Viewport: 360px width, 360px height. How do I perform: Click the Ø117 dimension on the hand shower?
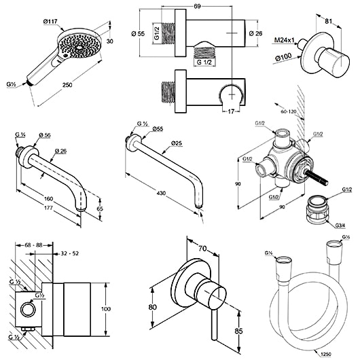tap(50, 22)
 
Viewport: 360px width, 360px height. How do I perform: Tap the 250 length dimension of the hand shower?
tap(67, 85)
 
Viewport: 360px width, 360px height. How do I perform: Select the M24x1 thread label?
tap(284, 40)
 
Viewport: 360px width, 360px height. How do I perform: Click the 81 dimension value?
tap(329, 21)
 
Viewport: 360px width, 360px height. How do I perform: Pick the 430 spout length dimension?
tap(161, 193)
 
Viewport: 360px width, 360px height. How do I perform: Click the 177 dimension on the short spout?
tap(48, 208)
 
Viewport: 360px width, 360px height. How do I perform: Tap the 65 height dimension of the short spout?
tap(100, 209)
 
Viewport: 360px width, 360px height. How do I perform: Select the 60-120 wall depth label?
tap(289, 112)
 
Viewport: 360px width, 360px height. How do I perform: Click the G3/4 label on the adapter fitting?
tap(340, 226)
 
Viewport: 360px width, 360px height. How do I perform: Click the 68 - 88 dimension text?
tap(33, 245)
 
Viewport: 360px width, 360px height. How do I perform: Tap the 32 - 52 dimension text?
tap(70, 253)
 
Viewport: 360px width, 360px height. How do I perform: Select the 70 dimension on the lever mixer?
tap(202, 249)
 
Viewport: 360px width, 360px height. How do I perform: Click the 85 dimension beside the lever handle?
tap(238, 331)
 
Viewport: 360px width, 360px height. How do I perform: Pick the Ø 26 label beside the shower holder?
tap(255, 33)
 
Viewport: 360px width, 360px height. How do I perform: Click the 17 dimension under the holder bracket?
tap(231, 111)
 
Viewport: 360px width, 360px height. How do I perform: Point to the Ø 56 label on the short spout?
tap(45, 135)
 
